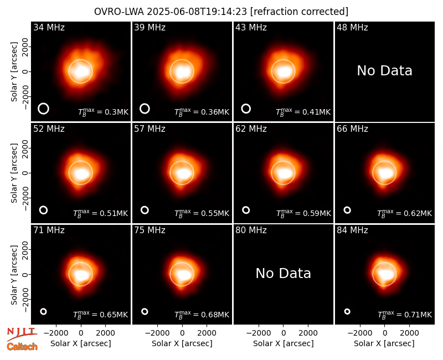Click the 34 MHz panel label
(49, 27)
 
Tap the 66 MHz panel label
(352, 129)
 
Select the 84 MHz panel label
(352, 230)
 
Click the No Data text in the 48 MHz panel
(384, 71)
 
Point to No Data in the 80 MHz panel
(283, 274)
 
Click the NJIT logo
(22, 334)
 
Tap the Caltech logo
(22, 347)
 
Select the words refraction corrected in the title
(299, 12)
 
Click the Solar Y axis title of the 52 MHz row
(14, 173)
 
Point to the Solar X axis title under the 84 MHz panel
(384, 343)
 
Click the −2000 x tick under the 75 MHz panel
(157, 333)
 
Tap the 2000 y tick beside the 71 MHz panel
(25, 250)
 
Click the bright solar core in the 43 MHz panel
(284, 72)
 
